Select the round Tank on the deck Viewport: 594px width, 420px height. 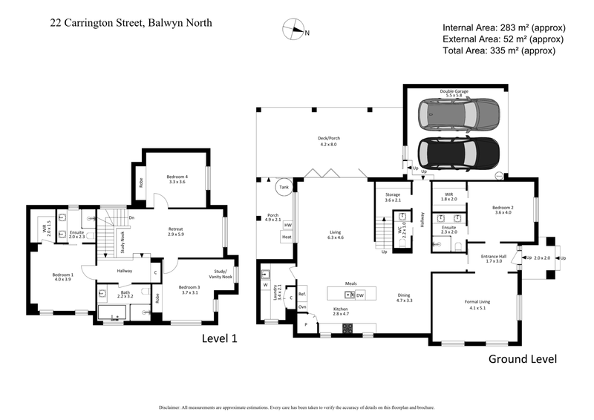pyautogui.click(x=284, y=188)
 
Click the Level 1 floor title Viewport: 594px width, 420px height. pyautogui.click(x=220, y=338)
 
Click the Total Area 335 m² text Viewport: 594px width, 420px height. pyautogui.click(x=498, y=50)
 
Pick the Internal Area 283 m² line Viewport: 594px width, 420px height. pyautogui.click(x=501, y=27)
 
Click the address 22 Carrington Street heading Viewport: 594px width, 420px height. pyautogui.click(x=130, y=23)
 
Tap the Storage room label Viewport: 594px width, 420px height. pyautogui.click(x=393, y=197)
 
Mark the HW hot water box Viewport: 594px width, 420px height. pyautogui.click(x=287, y=225)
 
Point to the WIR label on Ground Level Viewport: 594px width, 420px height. pyautogui.click(x=448, y=196)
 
